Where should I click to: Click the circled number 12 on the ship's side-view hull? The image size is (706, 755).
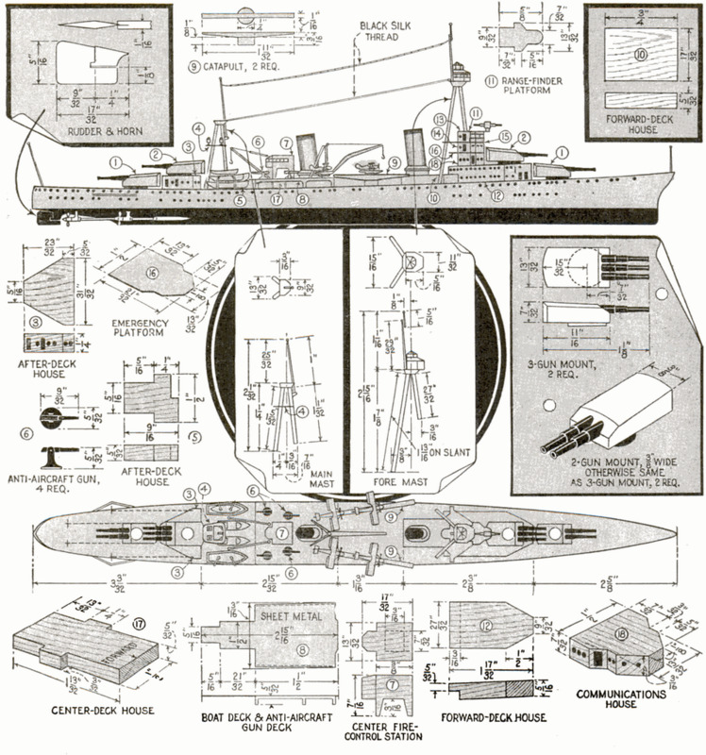(496, 195)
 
